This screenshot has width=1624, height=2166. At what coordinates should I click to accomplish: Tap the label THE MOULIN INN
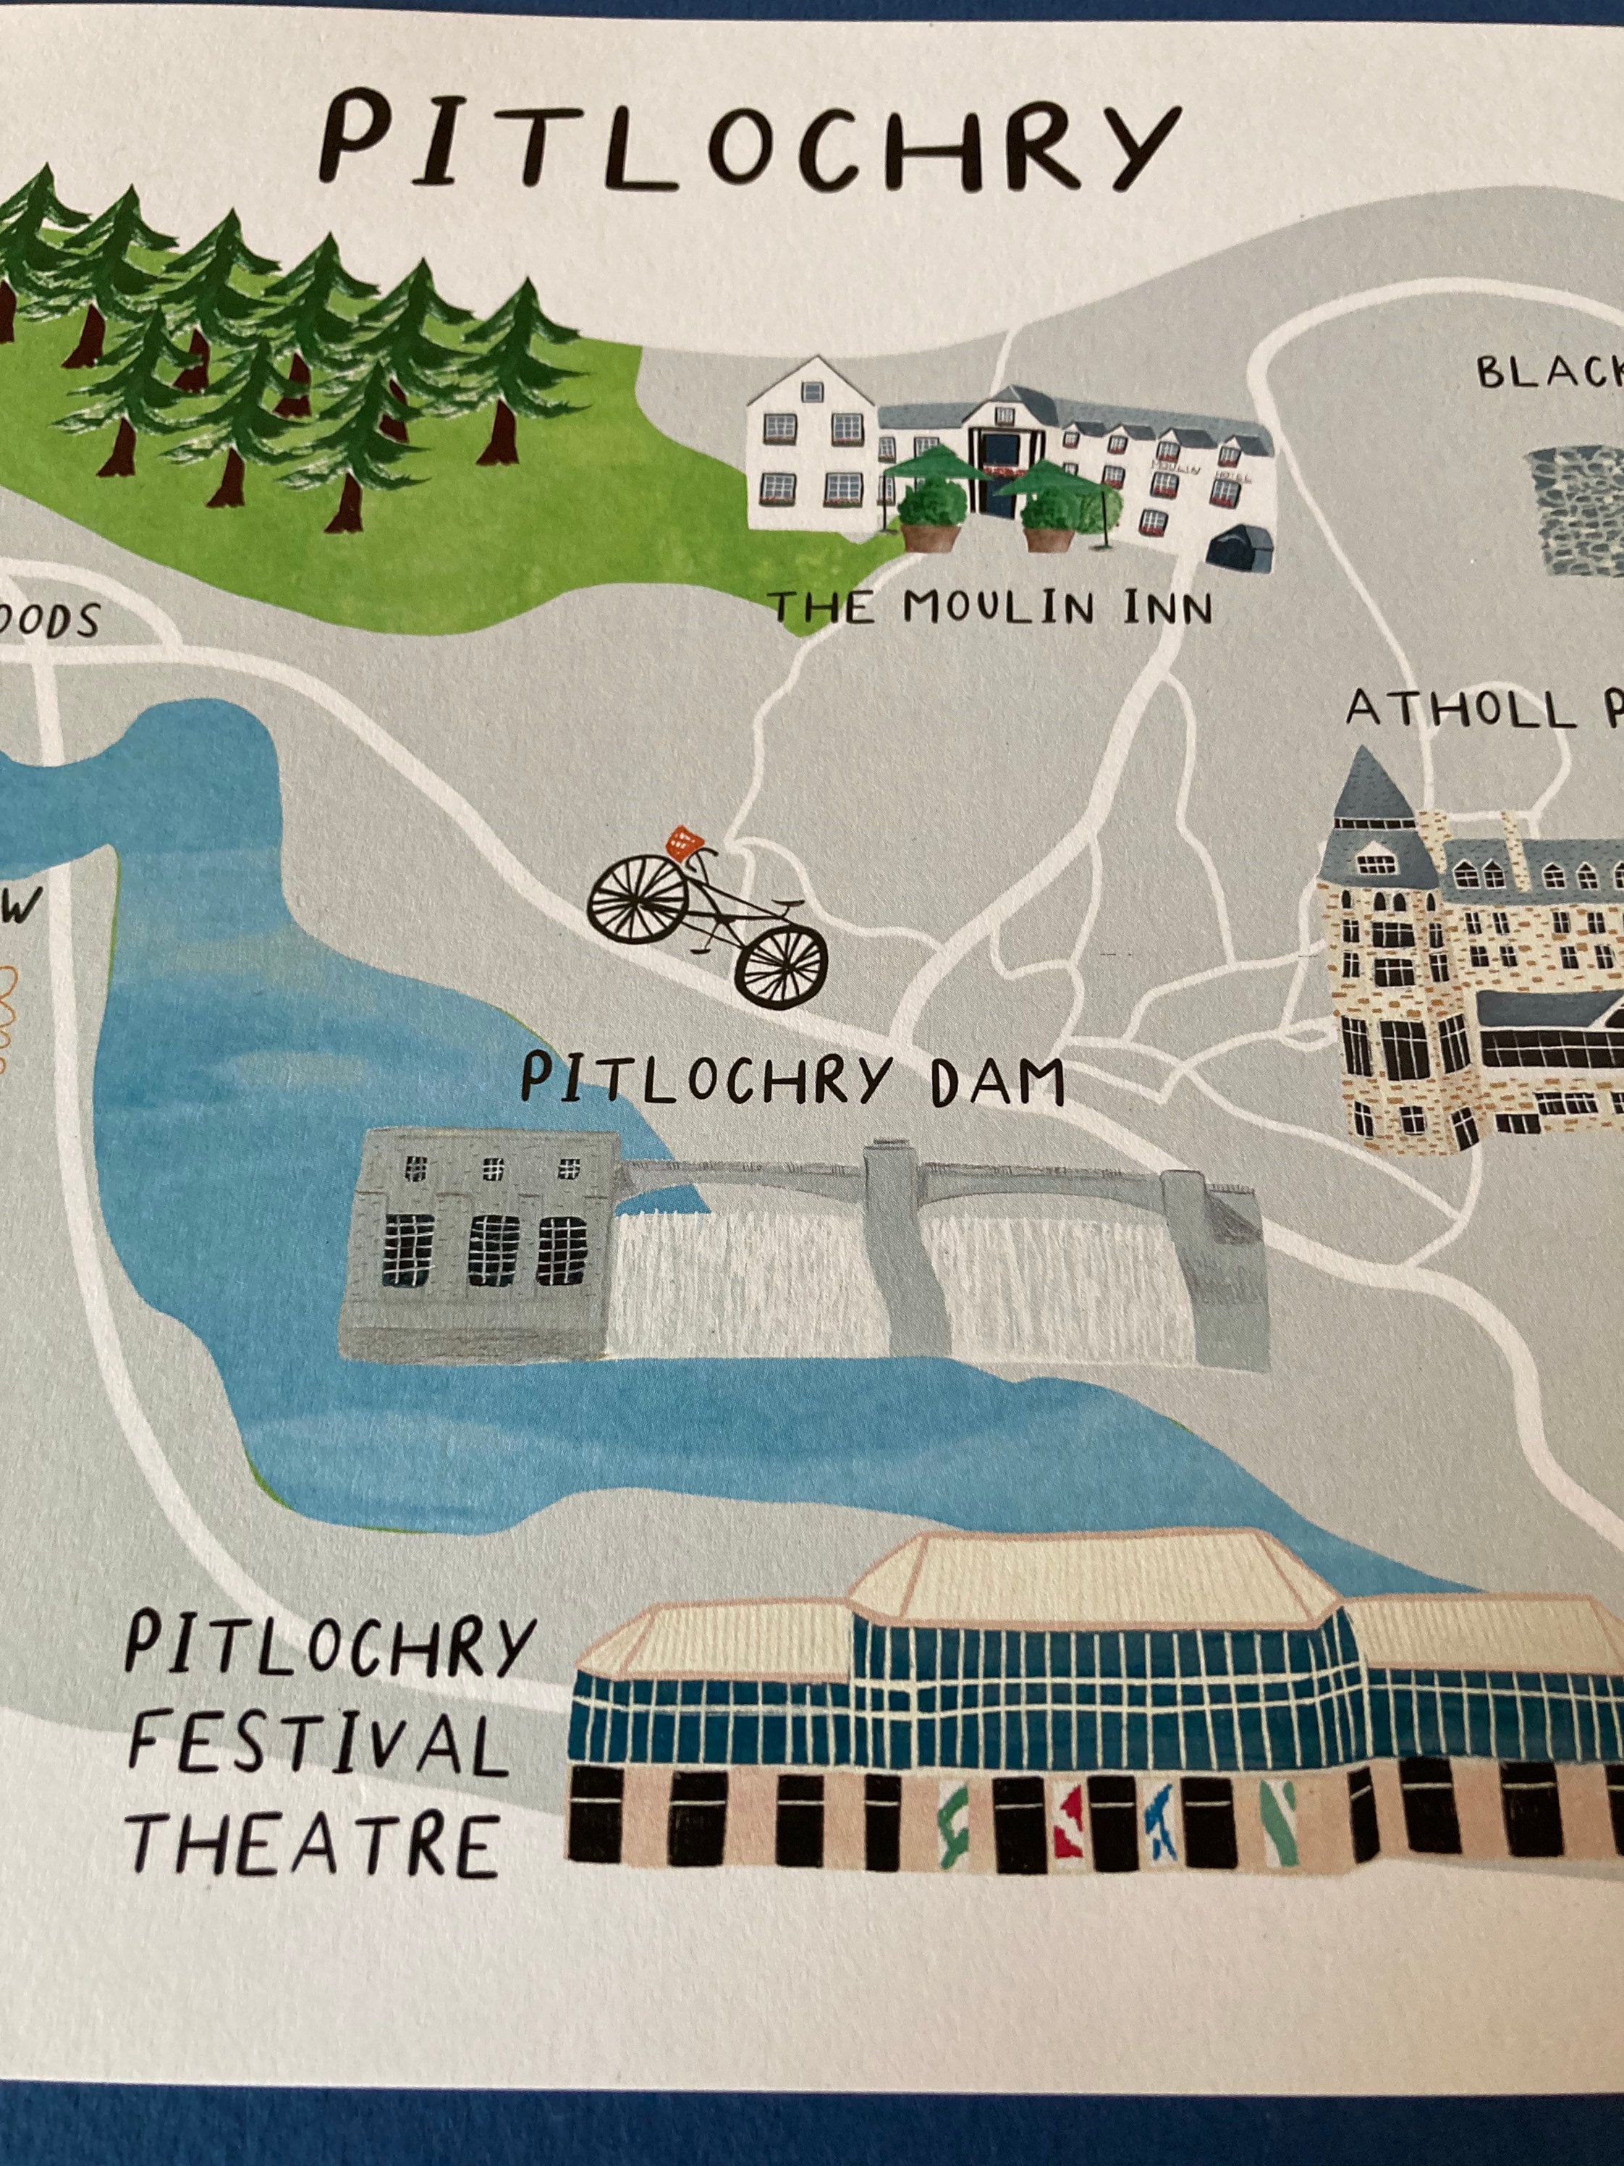point(991,608)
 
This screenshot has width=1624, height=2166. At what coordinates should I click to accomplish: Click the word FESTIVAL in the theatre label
point(319,1745)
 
